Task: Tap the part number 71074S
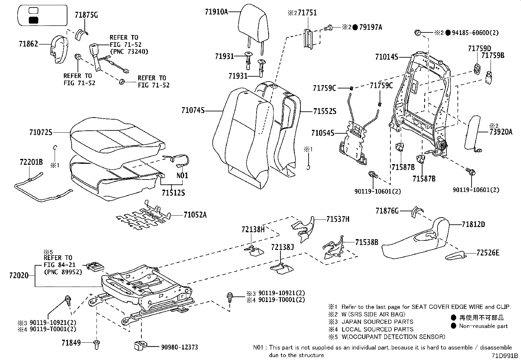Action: click(193, 111)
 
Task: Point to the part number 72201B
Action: click(31, 162)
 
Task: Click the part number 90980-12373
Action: click(179, 347)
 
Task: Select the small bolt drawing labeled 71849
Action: click(97, 343)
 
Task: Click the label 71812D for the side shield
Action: click(473, 224)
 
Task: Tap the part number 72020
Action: click(19, 276)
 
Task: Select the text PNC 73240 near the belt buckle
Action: click(129, 51)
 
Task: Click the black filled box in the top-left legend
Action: click(34, 20)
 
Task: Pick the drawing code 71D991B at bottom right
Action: click(504, 355)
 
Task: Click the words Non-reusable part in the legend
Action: click(483, 326)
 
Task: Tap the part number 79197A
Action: click(371, 28)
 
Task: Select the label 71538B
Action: click(367, 242)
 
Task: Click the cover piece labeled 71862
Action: click(59, 49)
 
